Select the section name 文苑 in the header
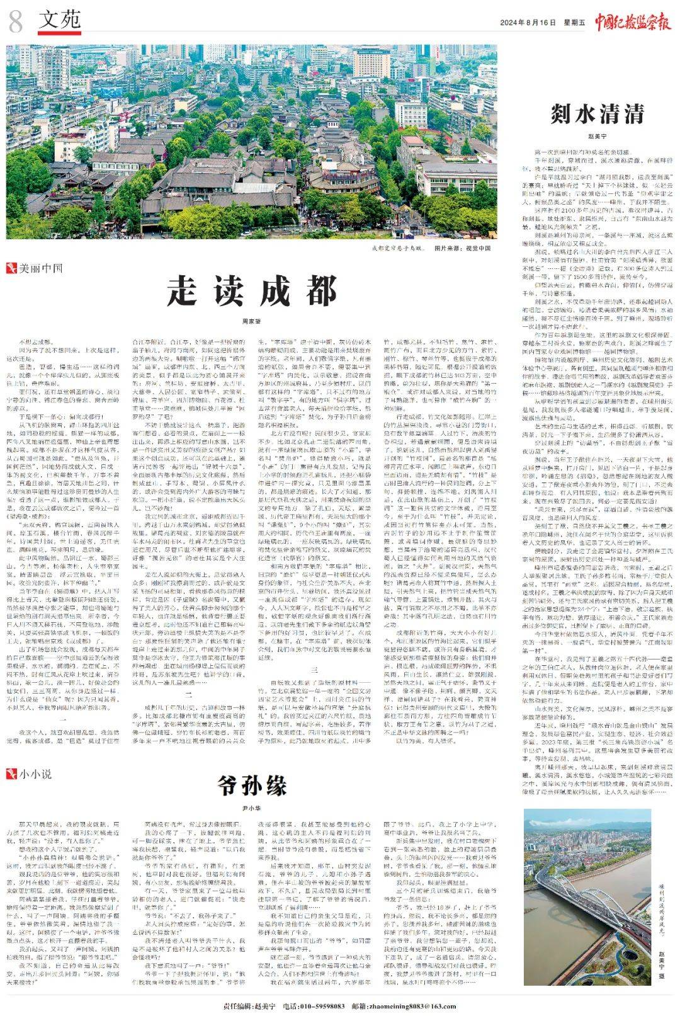click(60, 21)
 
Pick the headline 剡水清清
click(597, 114)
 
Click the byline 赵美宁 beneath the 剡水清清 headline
click(597, 135)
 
